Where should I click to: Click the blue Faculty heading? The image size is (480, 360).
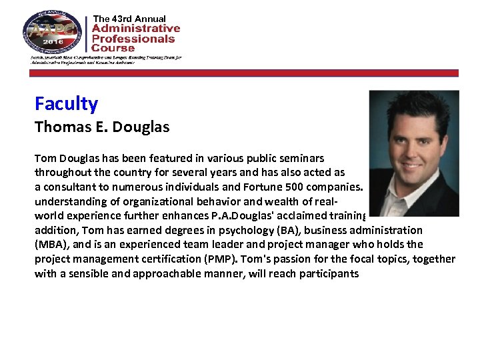(x=66, y=104)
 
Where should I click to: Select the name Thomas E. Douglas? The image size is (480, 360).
(x=102, y=127)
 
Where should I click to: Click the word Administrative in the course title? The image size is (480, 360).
(x=136, y=29)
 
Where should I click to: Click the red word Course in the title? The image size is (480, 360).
(x=113, y=48)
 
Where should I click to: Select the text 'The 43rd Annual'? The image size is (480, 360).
(x=129, y=19)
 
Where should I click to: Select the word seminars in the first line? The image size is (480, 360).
(x=302, y=158)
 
